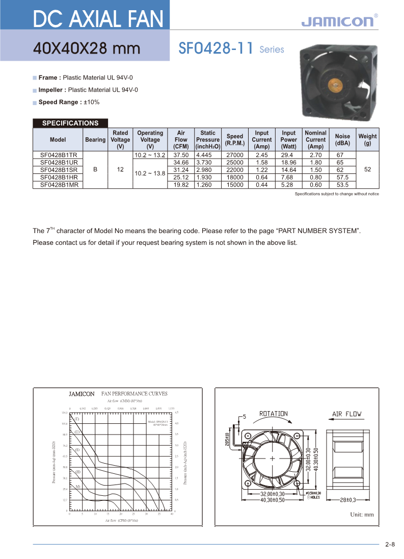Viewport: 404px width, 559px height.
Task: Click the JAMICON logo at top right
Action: point(337,21)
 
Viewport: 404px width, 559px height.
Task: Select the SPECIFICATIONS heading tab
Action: point(70,123)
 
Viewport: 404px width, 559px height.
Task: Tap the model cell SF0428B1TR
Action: point(59,155)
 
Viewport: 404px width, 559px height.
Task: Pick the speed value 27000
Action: point(234,155)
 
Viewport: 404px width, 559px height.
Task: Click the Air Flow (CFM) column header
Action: point(181,140)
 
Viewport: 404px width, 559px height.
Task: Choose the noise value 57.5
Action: point(342,177)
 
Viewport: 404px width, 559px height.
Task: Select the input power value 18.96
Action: point(288,163)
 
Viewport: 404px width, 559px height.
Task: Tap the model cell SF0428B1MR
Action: point(59,185)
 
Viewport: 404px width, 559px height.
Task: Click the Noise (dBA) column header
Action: point(342,140)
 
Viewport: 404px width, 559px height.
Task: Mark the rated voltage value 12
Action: point(120,170)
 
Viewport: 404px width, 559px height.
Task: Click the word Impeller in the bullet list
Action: point(52,90)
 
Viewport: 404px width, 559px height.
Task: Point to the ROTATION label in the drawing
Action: point(274,414)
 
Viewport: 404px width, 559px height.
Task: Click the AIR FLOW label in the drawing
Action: point(346,414)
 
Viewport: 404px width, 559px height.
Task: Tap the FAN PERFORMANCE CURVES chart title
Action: point(134,394)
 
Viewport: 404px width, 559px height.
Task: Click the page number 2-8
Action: point(390,545)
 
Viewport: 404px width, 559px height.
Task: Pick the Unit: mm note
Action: point(362,515)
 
